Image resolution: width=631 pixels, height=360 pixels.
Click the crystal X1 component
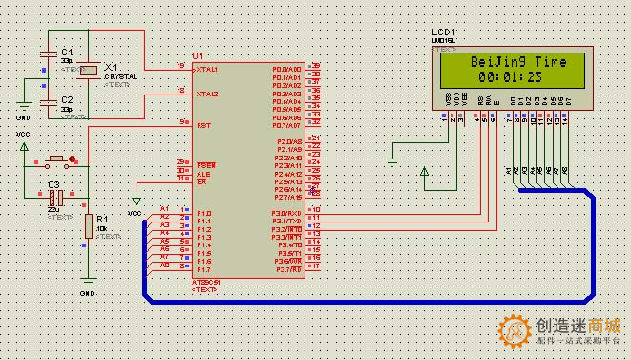88,69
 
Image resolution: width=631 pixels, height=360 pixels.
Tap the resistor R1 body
87,226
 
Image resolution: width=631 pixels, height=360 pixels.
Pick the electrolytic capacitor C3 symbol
56,197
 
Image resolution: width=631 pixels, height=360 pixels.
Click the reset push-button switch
56,158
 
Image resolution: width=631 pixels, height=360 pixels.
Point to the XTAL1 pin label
207,70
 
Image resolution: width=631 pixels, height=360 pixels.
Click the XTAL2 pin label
207,95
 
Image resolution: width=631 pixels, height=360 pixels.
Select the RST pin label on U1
202,125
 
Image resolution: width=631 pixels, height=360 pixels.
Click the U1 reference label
198,55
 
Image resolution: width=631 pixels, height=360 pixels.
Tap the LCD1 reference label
443,32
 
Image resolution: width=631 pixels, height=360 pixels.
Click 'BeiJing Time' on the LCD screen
505,61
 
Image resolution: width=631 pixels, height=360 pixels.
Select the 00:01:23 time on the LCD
505,75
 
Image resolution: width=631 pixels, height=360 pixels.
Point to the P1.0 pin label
203,213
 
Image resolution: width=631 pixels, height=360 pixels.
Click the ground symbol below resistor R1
87,282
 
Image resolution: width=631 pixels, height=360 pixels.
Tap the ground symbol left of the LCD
392,158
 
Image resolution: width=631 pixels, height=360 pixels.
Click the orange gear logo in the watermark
515,332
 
